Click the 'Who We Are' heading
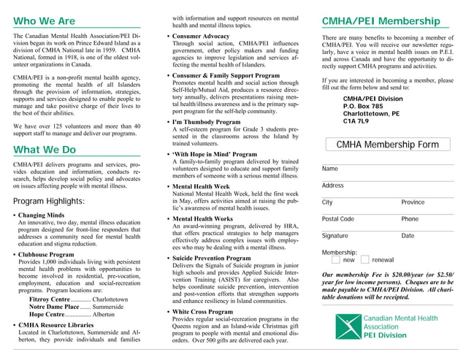pos(44,21)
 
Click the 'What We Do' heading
pos(45,150)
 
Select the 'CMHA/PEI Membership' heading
pos(381,21)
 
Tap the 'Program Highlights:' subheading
pos(49,201)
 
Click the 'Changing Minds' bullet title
pos(41,215)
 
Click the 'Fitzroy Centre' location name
pos(50,299)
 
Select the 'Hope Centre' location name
pos(45,314)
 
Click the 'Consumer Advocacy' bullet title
pos(201,36)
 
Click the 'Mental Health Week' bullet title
pos(201,187)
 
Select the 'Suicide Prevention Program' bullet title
pos(211,258)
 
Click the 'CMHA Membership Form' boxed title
pos(387,145)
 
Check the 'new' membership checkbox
pos(335,260)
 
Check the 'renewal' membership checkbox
pos(364,260)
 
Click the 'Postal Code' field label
pos(337,219)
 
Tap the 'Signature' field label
pos(335,236)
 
